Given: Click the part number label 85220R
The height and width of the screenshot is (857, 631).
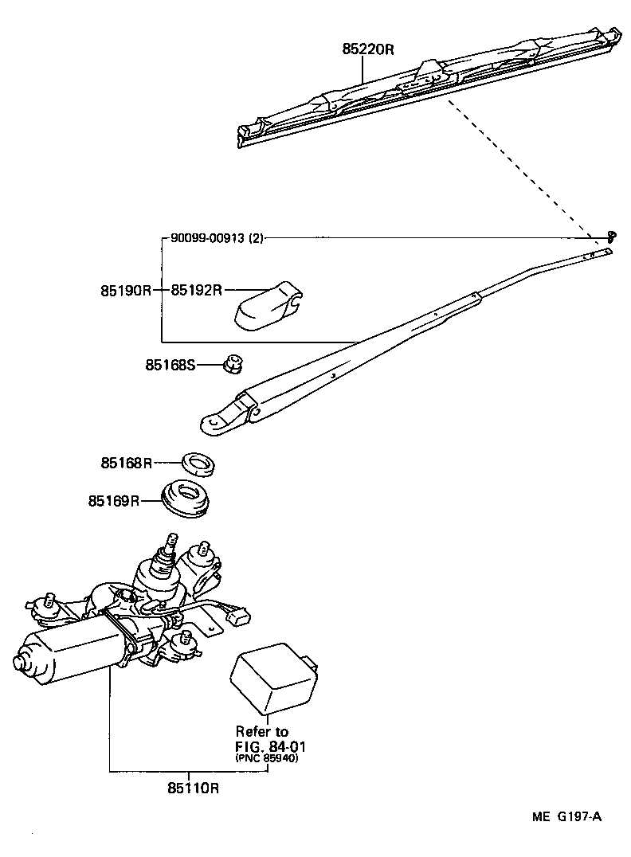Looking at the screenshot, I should [368, 49].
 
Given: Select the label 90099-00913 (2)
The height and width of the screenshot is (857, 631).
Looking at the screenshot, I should [217, 237].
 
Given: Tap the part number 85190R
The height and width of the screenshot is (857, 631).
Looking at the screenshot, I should [125, 291].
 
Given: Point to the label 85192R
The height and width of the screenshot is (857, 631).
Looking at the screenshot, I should [196, 291].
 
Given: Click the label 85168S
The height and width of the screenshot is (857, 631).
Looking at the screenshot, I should [170, 365].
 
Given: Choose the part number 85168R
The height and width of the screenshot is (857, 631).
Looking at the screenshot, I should [126, 463].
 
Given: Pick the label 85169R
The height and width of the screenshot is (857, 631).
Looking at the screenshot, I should [114, 501].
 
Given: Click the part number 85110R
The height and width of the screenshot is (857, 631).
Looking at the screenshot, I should [193, 788].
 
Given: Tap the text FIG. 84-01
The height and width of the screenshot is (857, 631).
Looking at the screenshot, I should [270, 746].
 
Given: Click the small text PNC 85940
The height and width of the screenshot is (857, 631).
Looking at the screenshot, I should [266, 758].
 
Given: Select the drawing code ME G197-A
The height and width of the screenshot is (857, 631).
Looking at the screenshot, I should [566, 817].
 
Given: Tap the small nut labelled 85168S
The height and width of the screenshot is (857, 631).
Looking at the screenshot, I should [233, 365].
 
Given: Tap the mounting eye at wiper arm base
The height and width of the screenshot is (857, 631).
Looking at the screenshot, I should [214, 423].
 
